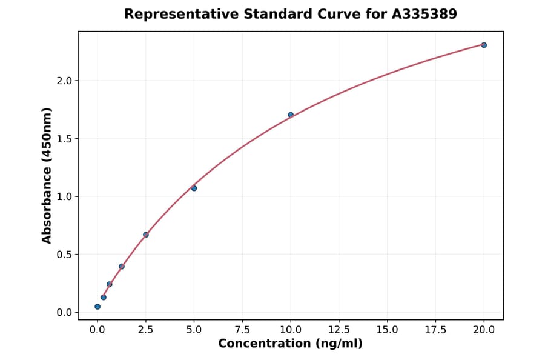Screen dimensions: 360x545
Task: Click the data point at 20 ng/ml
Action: click(484, 45)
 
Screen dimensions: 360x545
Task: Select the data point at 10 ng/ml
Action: click(291, 115)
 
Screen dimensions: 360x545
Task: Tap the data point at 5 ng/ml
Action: click(194, 188)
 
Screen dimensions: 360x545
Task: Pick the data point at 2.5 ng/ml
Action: click(146, 235)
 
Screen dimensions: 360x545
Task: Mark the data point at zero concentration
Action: click(97, 307)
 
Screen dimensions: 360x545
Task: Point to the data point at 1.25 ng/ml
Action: click(122, 266)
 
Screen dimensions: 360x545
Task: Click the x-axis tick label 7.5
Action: click(242, 330)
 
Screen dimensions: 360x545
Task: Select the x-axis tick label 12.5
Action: click(339, 330)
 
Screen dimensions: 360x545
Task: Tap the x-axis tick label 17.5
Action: click(435, 330)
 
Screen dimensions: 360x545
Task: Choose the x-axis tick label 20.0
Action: click(484, 330)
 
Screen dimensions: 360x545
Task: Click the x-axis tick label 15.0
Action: click(387, 330)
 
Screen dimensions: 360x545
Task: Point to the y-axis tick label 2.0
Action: click(64, 81)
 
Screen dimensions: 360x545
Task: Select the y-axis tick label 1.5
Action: click(64, 139)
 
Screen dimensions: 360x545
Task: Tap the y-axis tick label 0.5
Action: click(64, 255)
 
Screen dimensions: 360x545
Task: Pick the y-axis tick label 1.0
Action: click(64, 196)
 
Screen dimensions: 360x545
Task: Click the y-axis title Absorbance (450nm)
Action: click(47, 175)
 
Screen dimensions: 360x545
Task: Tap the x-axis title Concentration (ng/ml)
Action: click(290, 344)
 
